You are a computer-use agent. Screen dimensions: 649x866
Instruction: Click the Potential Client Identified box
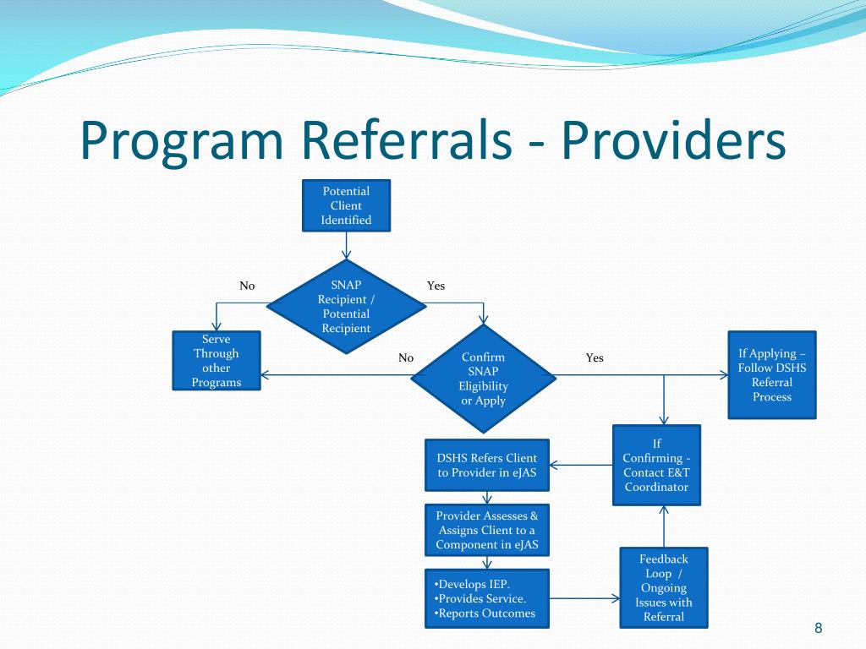347,205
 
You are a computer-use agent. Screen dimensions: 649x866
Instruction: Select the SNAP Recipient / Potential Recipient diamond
347,306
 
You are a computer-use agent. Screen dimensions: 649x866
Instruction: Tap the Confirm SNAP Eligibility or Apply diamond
483,379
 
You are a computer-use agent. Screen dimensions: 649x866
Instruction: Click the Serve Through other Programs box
216,361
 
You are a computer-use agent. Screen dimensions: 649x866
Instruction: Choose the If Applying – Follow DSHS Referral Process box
771,374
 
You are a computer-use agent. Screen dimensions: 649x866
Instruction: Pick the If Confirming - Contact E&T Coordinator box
656,465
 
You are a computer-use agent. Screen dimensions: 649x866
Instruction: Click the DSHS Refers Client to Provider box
486,465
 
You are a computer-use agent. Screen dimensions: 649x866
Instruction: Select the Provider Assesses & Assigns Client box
486,530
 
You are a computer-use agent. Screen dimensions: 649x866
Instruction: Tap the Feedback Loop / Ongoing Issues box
664,587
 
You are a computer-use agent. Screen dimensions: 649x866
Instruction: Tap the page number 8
818,627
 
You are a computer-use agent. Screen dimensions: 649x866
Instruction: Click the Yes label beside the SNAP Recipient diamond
436,286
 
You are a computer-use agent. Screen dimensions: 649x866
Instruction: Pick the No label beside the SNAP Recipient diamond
247,286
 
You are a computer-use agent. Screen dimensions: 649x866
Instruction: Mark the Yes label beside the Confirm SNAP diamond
595,357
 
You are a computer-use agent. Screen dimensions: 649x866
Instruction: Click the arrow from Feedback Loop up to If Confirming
664,526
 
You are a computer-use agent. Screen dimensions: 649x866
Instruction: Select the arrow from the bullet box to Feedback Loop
584,598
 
